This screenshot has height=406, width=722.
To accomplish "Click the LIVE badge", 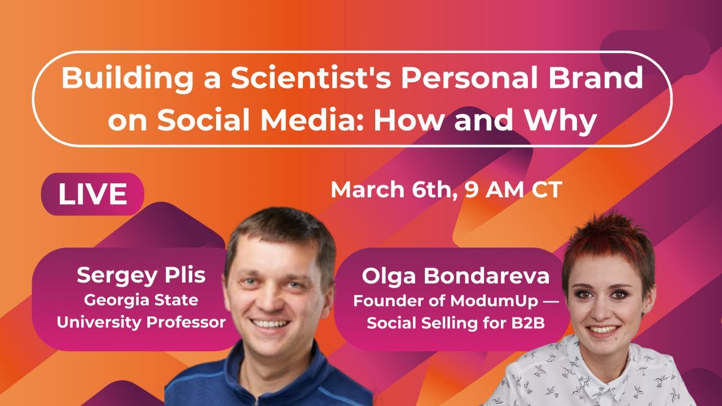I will coord(93,194).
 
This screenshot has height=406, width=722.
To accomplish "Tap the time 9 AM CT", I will coord(513,189).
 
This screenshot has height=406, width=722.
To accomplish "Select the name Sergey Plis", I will coord(141,275).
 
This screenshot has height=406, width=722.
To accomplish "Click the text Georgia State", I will coord(141,300).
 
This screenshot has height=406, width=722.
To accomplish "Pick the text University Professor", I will coord(141,323).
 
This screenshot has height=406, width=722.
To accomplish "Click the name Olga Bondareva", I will coord(456,276).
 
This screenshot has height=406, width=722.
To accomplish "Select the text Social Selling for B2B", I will coord(456,324).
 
